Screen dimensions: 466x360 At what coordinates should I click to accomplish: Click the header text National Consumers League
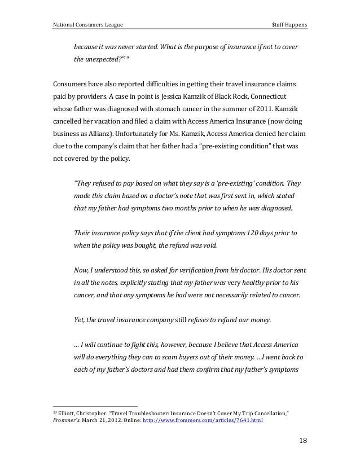[88, 25]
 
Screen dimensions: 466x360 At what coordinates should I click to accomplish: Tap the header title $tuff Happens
[289, 25]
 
